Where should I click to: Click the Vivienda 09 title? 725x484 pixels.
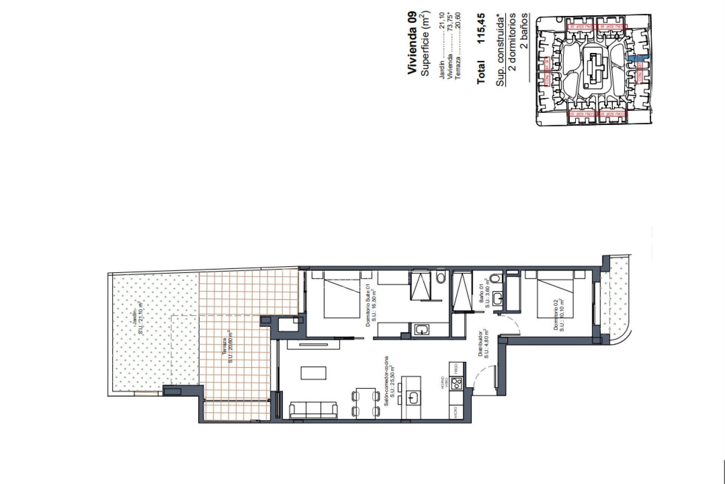[x=412, y=43]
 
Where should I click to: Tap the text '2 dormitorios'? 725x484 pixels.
[x=512, y=42]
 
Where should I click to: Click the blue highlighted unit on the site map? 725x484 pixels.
[x=638, y=59]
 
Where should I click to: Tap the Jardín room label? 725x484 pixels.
[x=137, y=318]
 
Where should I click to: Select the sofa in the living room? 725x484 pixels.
[x=313, y=411]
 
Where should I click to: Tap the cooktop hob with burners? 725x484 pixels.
[x=458, y=383]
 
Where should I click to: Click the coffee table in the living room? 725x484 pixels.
[x=313, y=373]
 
